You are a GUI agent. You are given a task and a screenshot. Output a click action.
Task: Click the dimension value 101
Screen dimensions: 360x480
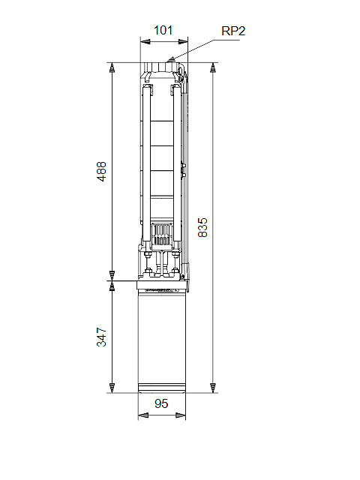coord(163,30)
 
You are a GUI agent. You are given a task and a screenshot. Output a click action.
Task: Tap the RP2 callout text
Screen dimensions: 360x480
coord(233,31)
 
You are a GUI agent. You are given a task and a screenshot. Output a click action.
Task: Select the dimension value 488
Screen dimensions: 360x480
coord(102,172)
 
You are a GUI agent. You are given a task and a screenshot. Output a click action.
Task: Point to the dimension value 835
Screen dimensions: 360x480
coord(202,227)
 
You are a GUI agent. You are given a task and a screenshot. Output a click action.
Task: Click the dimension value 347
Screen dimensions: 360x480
coord(102,337)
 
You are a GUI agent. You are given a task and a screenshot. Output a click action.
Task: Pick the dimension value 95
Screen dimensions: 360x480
coord(161,403)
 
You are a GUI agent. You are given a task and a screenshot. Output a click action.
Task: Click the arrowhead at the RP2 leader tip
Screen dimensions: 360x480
coord(172,58)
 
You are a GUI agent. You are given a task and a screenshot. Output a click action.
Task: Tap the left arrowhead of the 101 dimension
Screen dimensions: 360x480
coord(145,42)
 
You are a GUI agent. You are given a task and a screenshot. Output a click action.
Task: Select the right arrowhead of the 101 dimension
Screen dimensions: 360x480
coord(183,42)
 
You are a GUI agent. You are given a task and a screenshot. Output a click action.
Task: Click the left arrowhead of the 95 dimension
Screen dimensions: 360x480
coord(143,415)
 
